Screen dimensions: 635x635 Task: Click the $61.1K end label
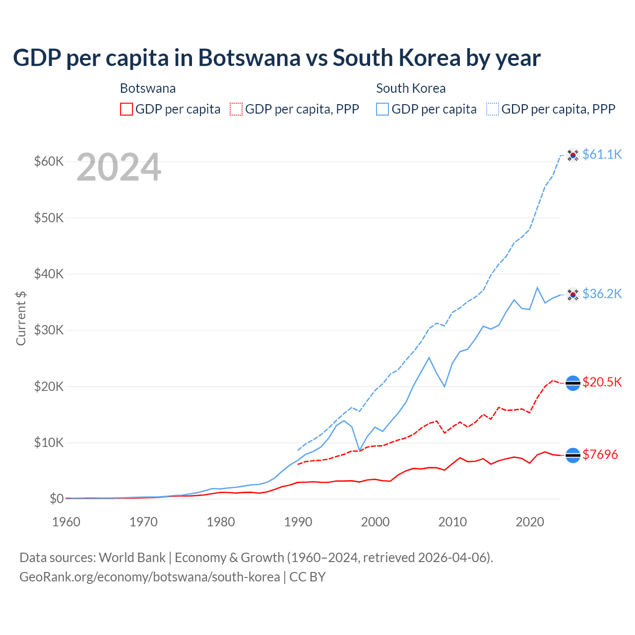[602, 154]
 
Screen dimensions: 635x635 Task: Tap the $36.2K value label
[602, 294]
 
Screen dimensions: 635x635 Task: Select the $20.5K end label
[602, 382]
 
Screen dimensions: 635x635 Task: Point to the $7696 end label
[600, 454]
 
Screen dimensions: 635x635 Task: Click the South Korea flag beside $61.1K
[573, 155]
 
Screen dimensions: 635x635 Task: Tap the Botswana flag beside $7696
[573, 455]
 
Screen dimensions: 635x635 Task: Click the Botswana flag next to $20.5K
[573, 383]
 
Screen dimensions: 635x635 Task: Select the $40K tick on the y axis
[49, 274]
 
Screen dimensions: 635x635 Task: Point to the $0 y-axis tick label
[57, 499]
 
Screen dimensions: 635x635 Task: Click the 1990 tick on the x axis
[298, 522]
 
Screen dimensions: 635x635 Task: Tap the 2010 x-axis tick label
[452, 522]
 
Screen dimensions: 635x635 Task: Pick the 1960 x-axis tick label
[66, 522]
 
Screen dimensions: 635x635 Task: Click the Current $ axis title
[21, 318]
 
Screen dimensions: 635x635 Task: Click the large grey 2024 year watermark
[119, 168]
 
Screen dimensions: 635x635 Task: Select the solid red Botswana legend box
[127, 109]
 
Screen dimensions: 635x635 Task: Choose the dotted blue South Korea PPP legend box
[493, 109]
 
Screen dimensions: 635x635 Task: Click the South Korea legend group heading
[411, 88]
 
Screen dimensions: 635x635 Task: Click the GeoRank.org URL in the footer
[149, 577]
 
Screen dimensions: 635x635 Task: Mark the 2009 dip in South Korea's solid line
[444, 386]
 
